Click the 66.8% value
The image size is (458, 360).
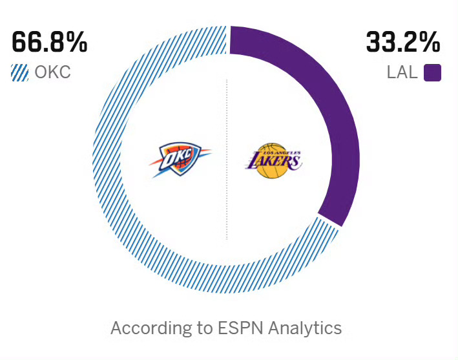[x=49, y=43]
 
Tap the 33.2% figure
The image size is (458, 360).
[x=403, y=43]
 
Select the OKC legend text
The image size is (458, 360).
[x=52, y=72]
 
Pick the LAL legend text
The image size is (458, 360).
[x=402, y=72]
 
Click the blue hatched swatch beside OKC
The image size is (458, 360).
[x=20, y=72]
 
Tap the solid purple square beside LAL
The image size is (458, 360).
[x=432, y=72]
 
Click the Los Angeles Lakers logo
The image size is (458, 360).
[x=273, y=160]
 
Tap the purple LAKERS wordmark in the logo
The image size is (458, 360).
[x=273, y=158]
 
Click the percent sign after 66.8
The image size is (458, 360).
[x=76, y=43]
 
